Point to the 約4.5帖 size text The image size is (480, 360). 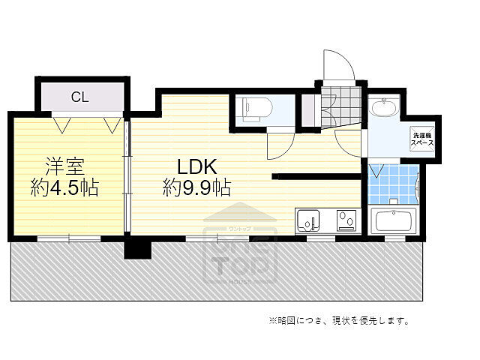(x=64, y=187)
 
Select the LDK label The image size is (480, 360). (x=197, y=165)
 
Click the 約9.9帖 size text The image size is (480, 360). (x=196, y=187)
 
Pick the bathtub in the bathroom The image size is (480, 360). (x=393, y=222)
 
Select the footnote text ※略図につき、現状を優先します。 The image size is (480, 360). (x=339, y=321)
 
